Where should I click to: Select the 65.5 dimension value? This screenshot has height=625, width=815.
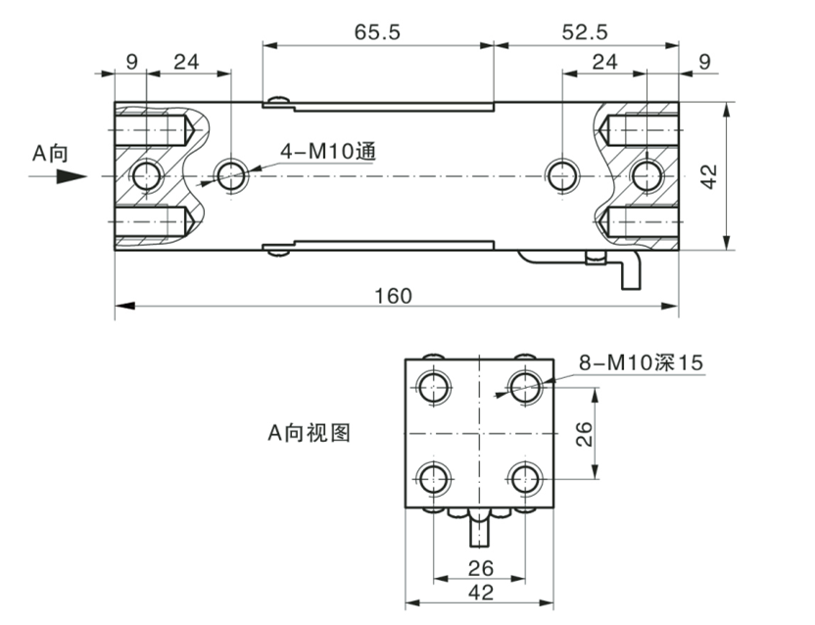[x=377, y=32]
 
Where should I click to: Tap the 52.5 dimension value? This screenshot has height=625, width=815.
[x=585, y=32]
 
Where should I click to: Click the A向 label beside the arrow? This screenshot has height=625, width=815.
[x=50, y=153]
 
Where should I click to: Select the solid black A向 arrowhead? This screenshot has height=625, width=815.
[x=69, y=177]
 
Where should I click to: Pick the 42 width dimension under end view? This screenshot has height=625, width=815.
[x=481, y=592]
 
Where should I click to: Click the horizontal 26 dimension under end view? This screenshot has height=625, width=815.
[x=481, y=566]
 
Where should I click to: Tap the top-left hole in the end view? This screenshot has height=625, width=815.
[x=432, y=385]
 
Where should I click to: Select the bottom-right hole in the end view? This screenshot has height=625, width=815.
[x=526, y=479]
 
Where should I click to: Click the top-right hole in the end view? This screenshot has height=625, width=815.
[x=526, y=385]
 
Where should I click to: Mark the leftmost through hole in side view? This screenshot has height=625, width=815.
[x=147, y=176]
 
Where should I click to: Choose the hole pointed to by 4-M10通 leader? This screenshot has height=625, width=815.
[x=231, y=176]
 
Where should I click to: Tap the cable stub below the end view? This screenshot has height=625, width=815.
[x=479, y=529]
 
